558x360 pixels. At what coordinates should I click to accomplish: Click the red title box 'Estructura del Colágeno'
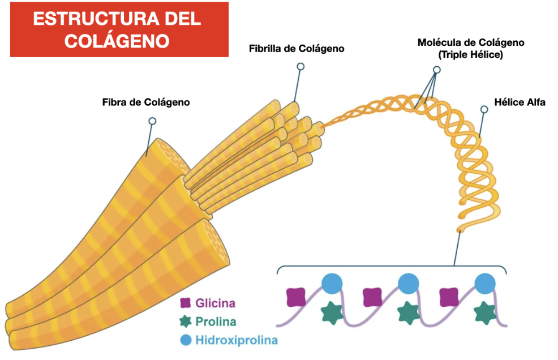tap(119, 29)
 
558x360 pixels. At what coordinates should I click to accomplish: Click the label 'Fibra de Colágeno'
tap(146, 102)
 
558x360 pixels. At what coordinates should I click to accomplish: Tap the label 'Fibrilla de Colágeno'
tap(297, 49)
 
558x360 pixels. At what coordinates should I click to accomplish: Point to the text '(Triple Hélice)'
tap(471, 55)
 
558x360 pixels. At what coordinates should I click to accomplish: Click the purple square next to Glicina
tap(184, 303)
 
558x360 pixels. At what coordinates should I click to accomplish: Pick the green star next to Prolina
tap(184, 322)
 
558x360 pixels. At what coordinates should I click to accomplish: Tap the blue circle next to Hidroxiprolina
tap(185, 341)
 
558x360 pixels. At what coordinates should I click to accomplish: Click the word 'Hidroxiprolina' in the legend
tap(237, 341)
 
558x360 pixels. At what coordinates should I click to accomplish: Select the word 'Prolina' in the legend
tap(216, 322)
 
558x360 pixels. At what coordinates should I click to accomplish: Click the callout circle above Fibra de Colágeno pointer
tap(152, 121)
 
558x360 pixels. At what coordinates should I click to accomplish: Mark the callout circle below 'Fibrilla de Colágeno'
tap(301, 67)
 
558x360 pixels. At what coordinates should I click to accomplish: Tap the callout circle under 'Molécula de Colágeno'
tap(436, 70)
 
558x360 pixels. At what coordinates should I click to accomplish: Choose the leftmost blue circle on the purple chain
tap(332, 283)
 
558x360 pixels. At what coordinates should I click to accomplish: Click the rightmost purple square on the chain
tap(449, 297)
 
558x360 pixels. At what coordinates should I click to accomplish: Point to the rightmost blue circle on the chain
tap(485, 283)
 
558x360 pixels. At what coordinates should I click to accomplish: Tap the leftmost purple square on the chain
tap(296, 297)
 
